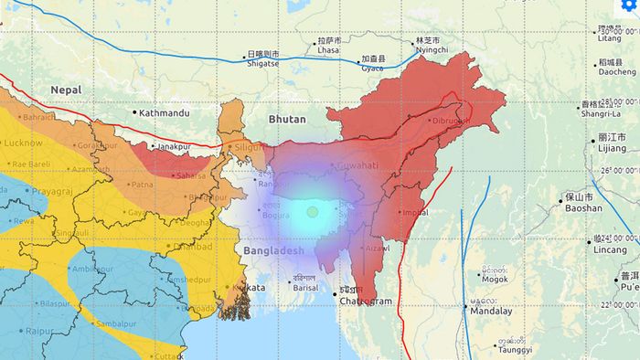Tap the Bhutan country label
(286, 120)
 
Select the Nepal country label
(67, 90)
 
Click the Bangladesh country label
(273, 249)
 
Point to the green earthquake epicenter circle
(312, 212)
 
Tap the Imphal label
(414, 213)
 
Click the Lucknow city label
(24, 143)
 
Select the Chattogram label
(366, 301)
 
